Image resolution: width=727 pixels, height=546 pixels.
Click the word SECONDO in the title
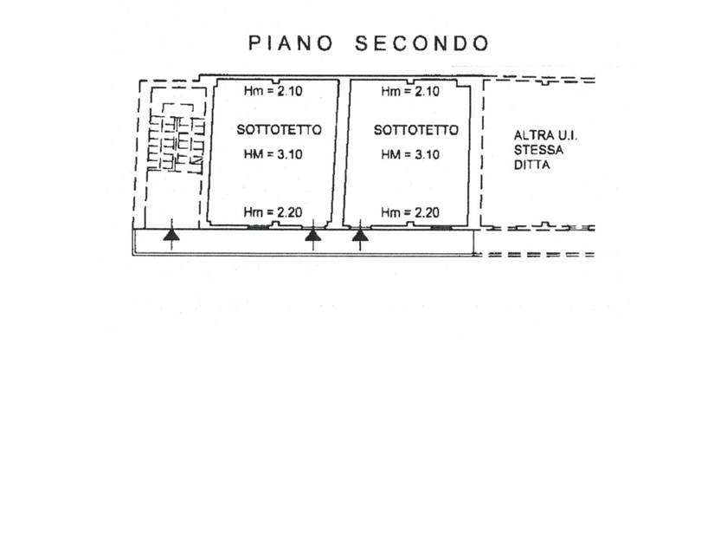421,43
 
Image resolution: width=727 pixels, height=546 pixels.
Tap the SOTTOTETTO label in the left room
279,130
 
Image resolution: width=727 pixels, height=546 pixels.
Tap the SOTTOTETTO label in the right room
415,130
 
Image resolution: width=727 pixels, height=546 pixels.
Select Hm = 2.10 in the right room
410,90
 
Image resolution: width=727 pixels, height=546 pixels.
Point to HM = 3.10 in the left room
276,154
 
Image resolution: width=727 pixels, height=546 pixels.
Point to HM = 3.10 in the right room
411,154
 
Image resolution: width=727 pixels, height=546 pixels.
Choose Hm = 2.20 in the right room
410,211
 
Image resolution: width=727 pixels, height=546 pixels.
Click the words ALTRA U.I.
539,136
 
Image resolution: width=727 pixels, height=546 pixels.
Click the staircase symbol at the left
176,141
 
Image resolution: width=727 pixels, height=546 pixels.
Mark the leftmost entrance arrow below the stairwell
172,234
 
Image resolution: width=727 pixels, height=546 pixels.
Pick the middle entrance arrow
313,234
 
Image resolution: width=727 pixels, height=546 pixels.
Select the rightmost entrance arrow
360,234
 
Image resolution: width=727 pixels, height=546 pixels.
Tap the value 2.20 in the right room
426,211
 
